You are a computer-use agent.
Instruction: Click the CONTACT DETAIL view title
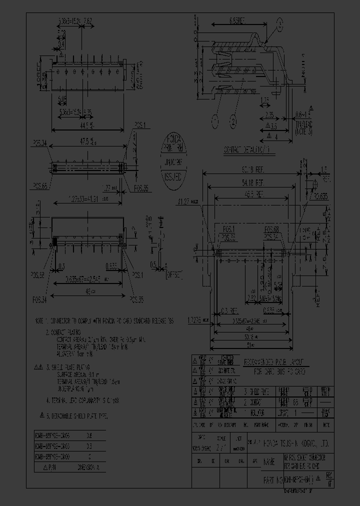[x=246, y=149]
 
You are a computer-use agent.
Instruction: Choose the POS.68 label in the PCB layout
[x=273, y=230]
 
